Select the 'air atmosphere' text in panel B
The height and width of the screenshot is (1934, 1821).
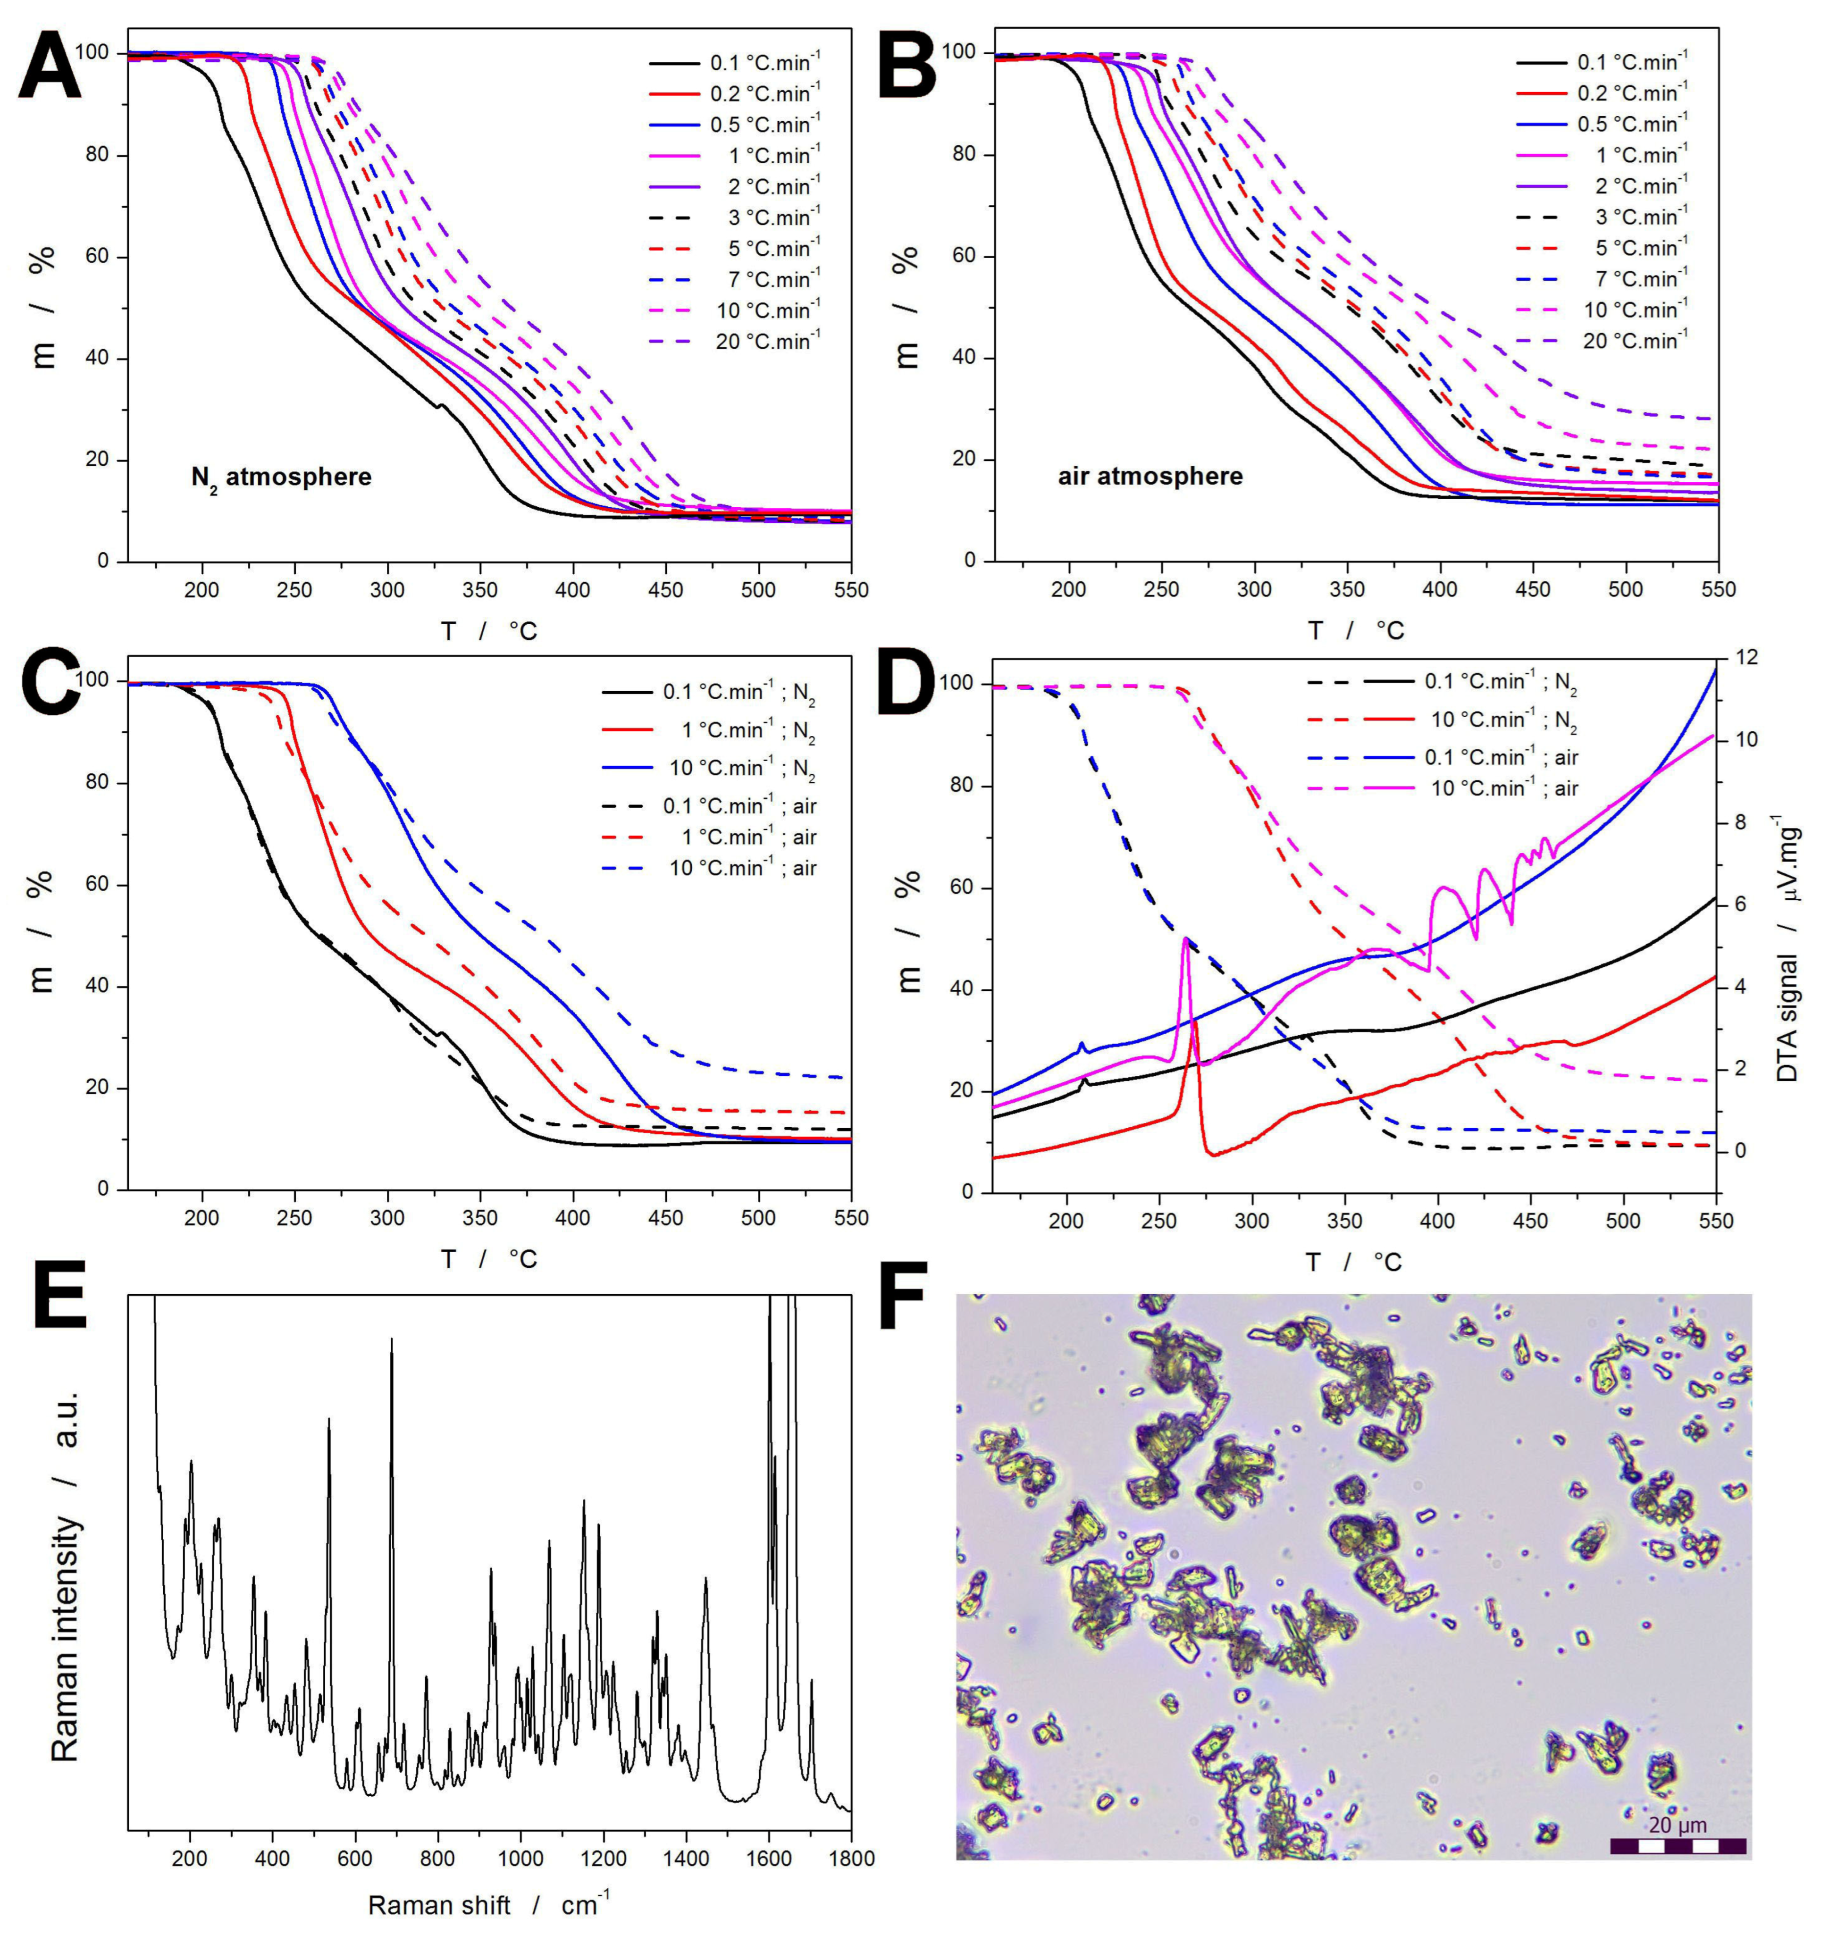click(x=1151, y=477)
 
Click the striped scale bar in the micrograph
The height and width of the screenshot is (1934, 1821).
click(x=1678, y=1845)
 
